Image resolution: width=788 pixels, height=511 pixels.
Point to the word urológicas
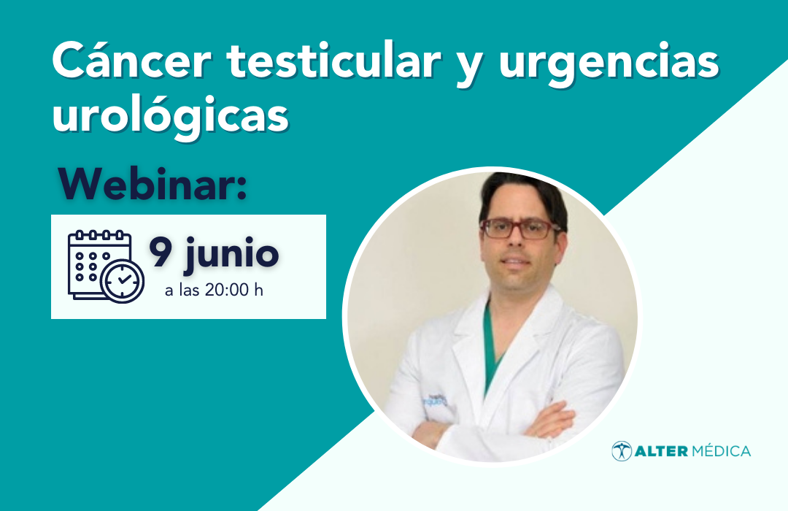click(170, 115)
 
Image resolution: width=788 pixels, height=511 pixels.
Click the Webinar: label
click(152, 184)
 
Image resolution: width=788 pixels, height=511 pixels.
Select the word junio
click(232, 255)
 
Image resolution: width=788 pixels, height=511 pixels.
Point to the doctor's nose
click(514, 242)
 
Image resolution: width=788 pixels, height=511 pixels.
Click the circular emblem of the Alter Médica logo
click(622, 451)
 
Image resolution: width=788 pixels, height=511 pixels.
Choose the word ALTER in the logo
click(661, 451)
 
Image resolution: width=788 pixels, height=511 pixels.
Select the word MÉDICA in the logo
click(721, 450)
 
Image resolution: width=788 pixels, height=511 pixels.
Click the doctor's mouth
click(514, 263)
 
